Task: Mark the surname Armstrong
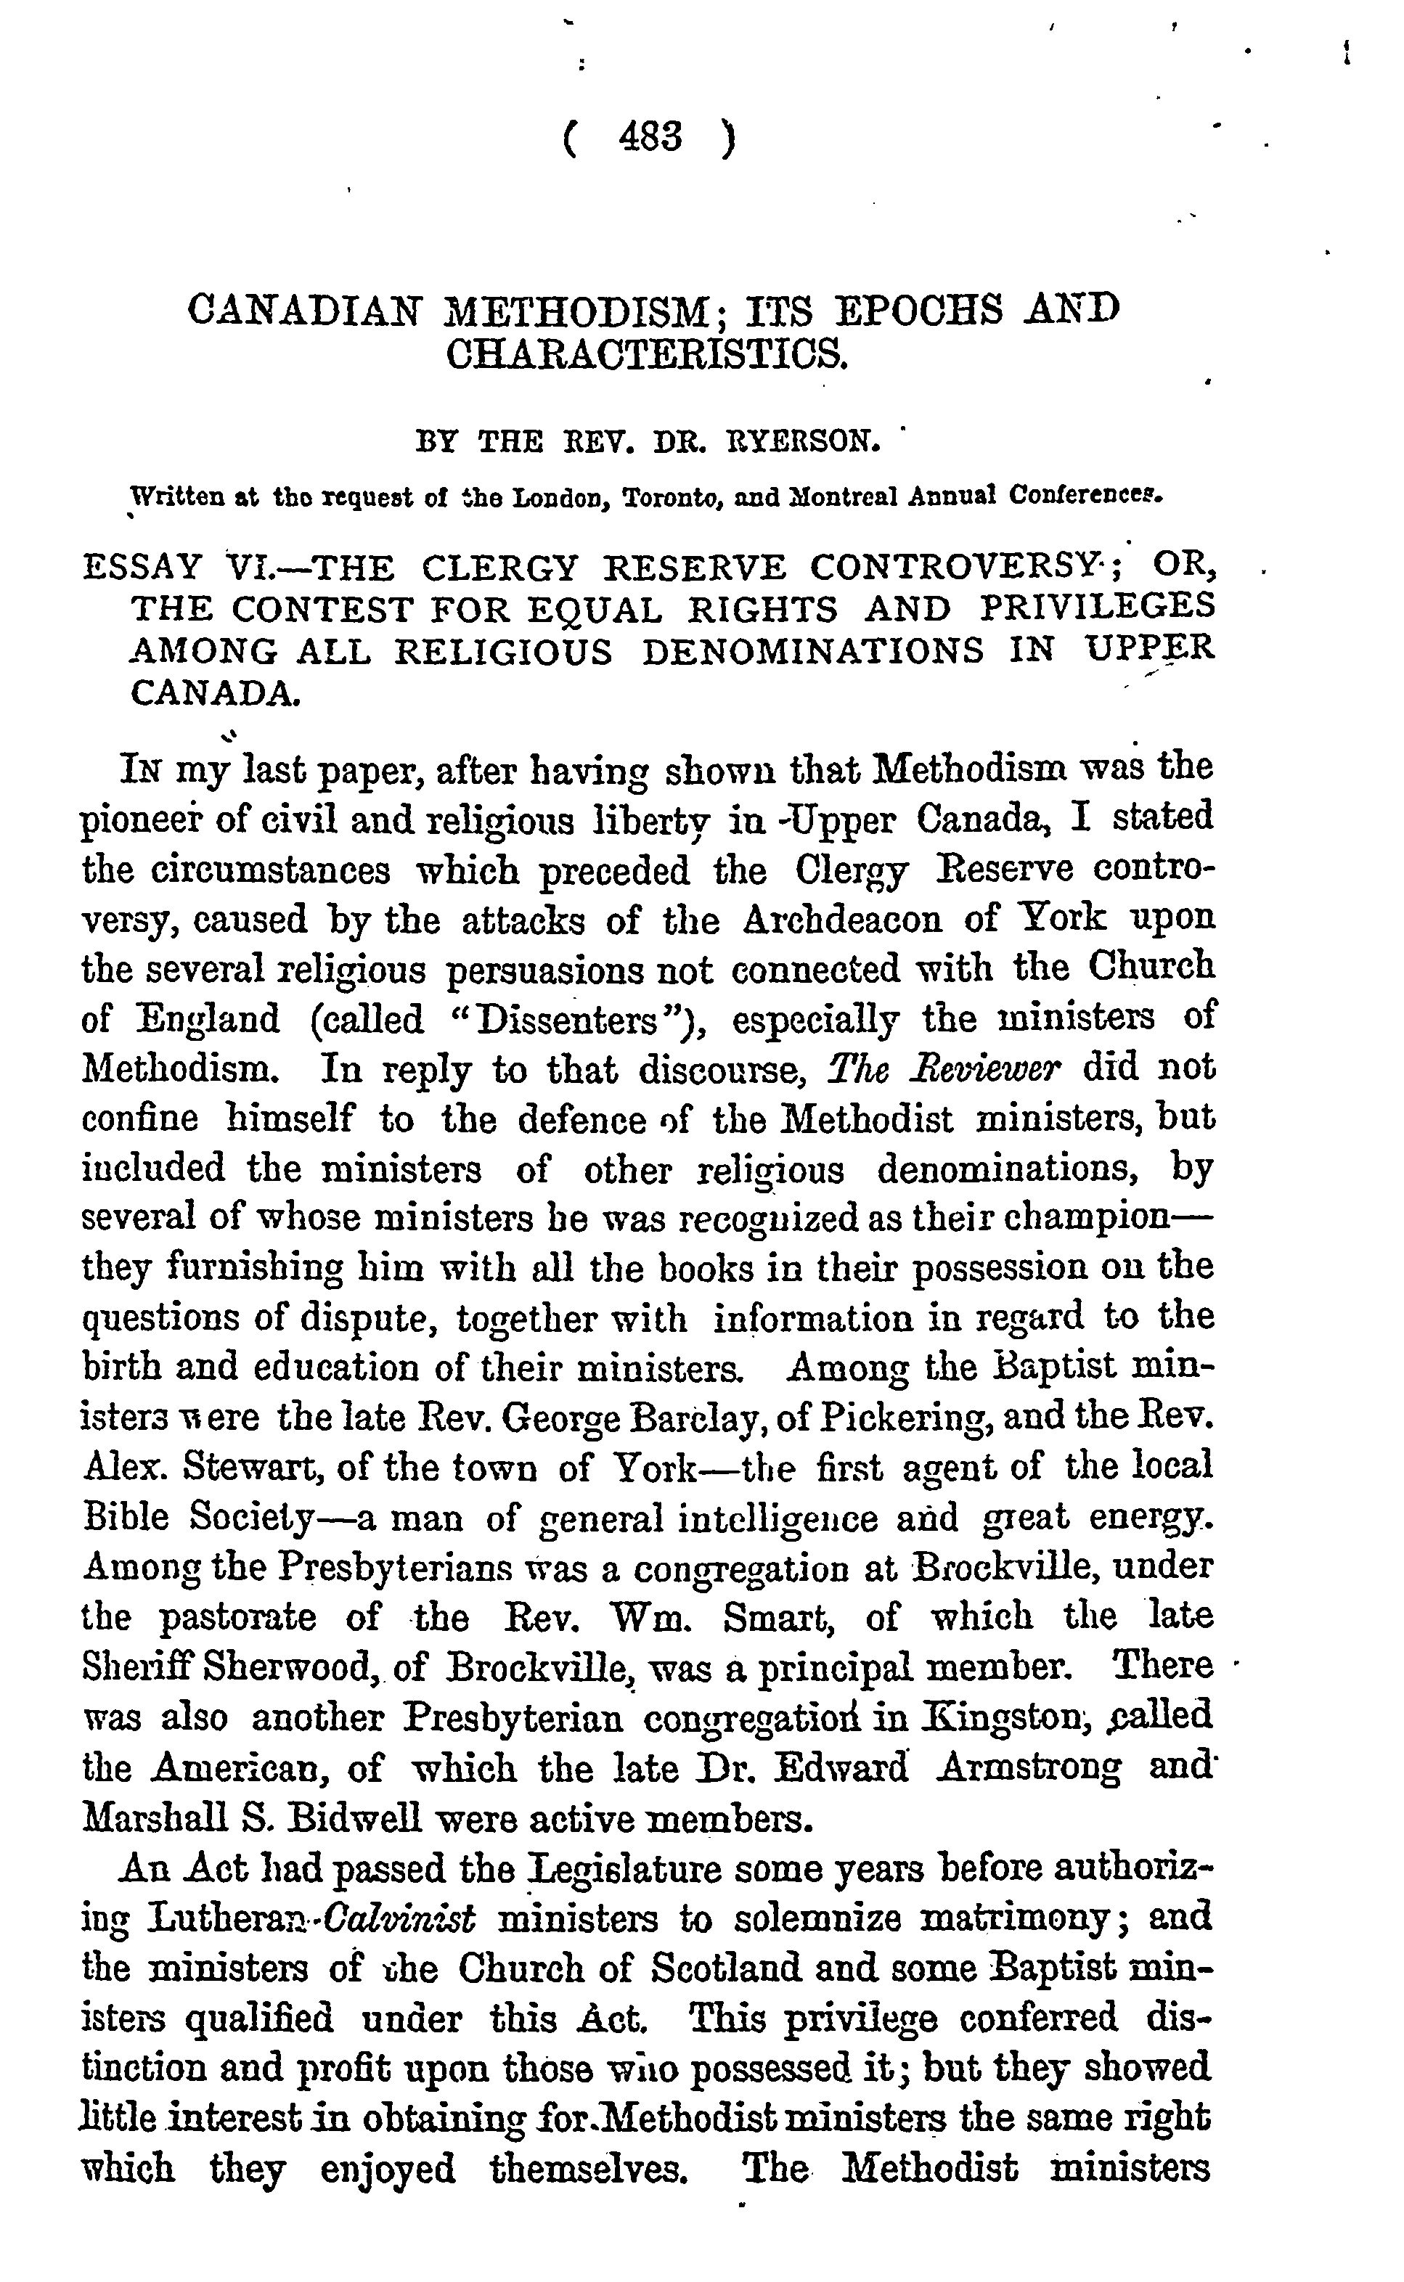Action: pos(1029,1767)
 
